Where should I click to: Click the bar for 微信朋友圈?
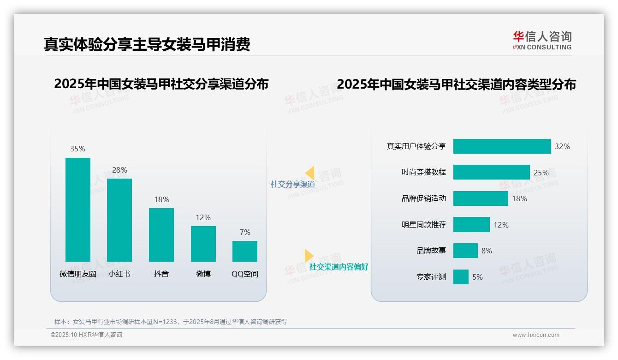coord(78,210)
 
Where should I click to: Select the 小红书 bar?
coord(119,220)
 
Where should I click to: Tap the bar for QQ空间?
coord(245,251)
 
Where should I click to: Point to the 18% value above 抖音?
coord(161,199)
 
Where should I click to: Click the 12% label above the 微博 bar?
coord(203,217)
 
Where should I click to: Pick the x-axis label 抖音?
coord(161,274)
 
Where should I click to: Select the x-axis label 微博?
coord(203,274)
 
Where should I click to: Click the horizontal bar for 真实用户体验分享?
coord(502,146)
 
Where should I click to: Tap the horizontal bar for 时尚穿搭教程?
coord(491,172)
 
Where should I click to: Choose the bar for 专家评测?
coord(461,277)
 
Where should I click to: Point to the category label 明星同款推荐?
coord(424,225)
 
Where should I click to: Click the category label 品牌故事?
coord(431,251)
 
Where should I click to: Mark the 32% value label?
coord(562,146)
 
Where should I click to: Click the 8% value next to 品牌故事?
coord(487,251)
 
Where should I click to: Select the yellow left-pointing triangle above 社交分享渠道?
coord(310,173)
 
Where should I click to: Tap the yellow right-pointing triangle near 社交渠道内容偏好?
coord(309,256)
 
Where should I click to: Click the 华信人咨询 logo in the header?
coord(542,41)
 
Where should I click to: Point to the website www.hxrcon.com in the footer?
coord(536,335)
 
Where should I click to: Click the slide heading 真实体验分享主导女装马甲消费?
coord(147,44)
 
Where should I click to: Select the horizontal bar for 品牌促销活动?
coord(481,198)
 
